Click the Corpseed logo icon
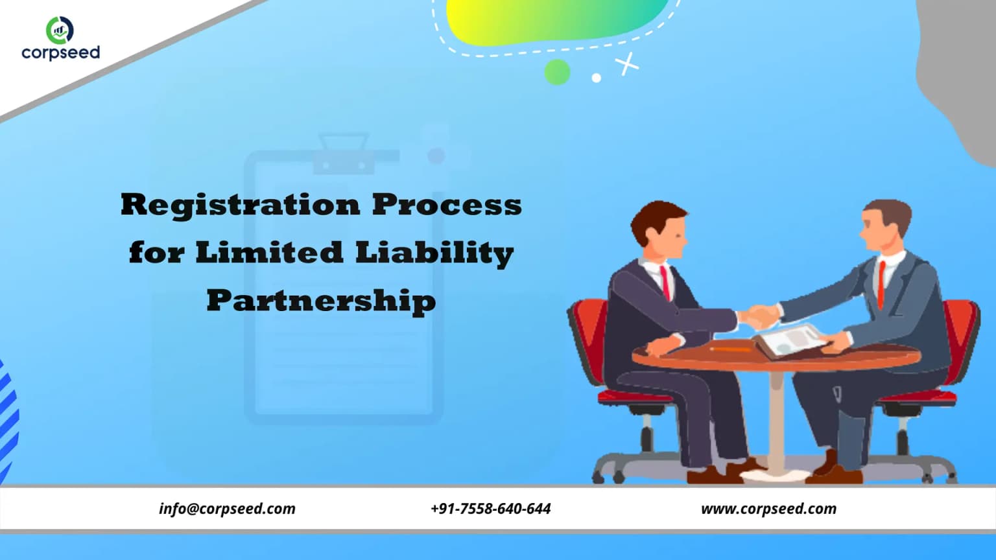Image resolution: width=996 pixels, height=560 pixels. click(x=60, y=30)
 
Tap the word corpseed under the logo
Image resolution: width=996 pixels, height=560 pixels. click(x=60, y=52)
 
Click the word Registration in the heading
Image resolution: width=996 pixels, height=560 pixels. click(x=240, y=205)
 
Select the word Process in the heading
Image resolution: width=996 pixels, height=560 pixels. click(x=447, y=205)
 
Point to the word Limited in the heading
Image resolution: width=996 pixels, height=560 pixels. click(x=268, y=253)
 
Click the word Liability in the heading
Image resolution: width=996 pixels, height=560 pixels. click(x=434, y=253)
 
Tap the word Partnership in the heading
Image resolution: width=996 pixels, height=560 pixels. click(x=321, y=301)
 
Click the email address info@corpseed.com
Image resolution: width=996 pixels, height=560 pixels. click(x=227, y=509)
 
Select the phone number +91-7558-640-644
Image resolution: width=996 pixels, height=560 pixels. click(x=491, y=509)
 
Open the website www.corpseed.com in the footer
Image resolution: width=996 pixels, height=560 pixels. click(x=768, y=509)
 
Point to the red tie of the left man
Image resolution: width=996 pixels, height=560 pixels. click(x=665, y=282)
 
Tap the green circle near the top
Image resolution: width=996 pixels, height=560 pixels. click(x=557, y=72)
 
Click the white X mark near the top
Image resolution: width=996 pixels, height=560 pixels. click(x=627, y=64)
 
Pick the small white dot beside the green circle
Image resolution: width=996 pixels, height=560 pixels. click(x=597, y=78)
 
